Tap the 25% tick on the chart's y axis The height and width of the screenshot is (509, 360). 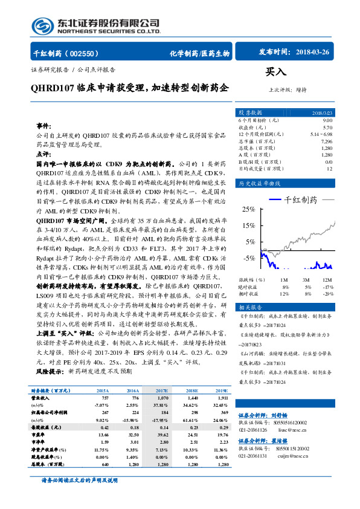[247, 209]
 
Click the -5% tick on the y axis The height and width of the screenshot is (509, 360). [249, 258]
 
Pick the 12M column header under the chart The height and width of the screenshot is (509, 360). [327, 280]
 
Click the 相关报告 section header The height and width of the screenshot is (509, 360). [250, 307]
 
